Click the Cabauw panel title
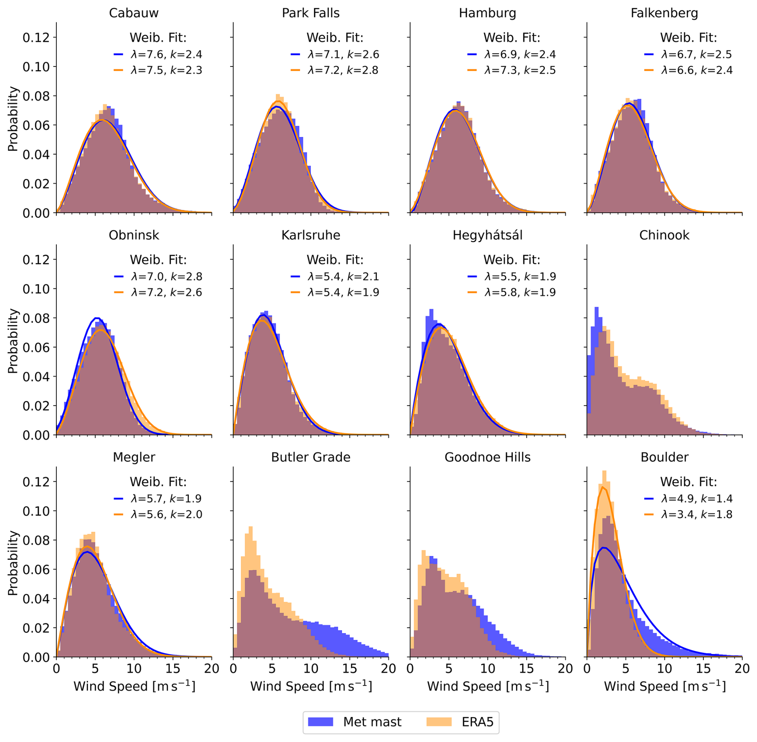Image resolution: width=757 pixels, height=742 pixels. click(x=134, y=13)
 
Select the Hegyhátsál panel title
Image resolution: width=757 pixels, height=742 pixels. click(x=487, y=235)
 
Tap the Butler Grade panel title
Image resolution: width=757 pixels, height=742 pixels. click(x=310, y=457)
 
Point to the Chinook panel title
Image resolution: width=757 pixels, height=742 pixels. click(x=664, y=235)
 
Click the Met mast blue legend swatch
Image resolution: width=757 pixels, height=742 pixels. click(x=320, y=722)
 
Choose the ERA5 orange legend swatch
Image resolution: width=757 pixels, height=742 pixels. click(x=439, y=722)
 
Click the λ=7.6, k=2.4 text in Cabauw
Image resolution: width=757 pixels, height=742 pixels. click(x=166, y=54)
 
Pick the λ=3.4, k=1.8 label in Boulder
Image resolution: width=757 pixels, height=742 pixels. click(x=697, y=515)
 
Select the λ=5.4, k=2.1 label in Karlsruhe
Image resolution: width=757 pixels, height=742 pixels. click(x=343, y=277)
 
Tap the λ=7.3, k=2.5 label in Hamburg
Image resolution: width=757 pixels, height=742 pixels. click(x=520, y=70)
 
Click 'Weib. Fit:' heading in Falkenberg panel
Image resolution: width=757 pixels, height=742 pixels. click(x=688, y=38)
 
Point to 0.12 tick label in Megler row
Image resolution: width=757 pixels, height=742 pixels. click(x=36, y=482)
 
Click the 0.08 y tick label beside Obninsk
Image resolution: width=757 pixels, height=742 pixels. click(x=36, y=318)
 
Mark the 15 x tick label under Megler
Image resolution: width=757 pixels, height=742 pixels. click(x=173, y=669)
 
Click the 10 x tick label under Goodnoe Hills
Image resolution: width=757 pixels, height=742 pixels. click(x=487, y=669)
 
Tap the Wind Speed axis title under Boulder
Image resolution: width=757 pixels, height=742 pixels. click(x=664, y=686)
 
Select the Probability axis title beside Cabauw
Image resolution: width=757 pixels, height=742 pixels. click(x=13, y=119)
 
